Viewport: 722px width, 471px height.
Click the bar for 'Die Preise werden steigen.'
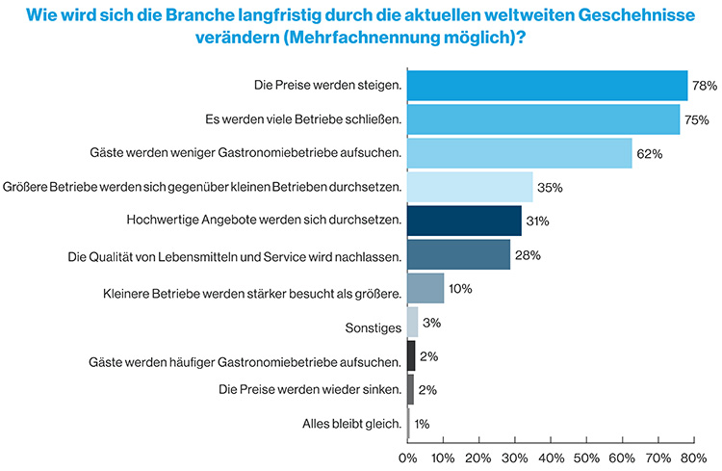[x=547, y=86]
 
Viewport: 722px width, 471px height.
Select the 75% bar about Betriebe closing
[x=543, y=119]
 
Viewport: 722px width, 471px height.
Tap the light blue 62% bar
[x=519, y=153]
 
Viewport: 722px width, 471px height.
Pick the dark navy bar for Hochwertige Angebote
[x=464, y=221]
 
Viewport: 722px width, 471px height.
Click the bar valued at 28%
[x=458, y=254]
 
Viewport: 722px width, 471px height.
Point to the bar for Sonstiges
[x=413, y=322]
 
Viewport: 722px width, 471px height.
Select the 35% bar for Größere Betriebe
[x=470, y=187]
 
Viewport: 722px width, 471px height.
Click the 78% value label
[x=705, y=87]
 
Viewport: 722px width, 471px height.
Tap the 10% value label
[x=460, y=289]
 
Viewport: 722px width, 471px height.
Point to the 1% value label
[x=423, y=424]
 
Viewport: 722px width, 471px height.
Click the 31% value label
[x=537, y=222]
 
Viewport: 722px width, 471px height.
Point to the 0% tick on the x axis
[x=408, y=455]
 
